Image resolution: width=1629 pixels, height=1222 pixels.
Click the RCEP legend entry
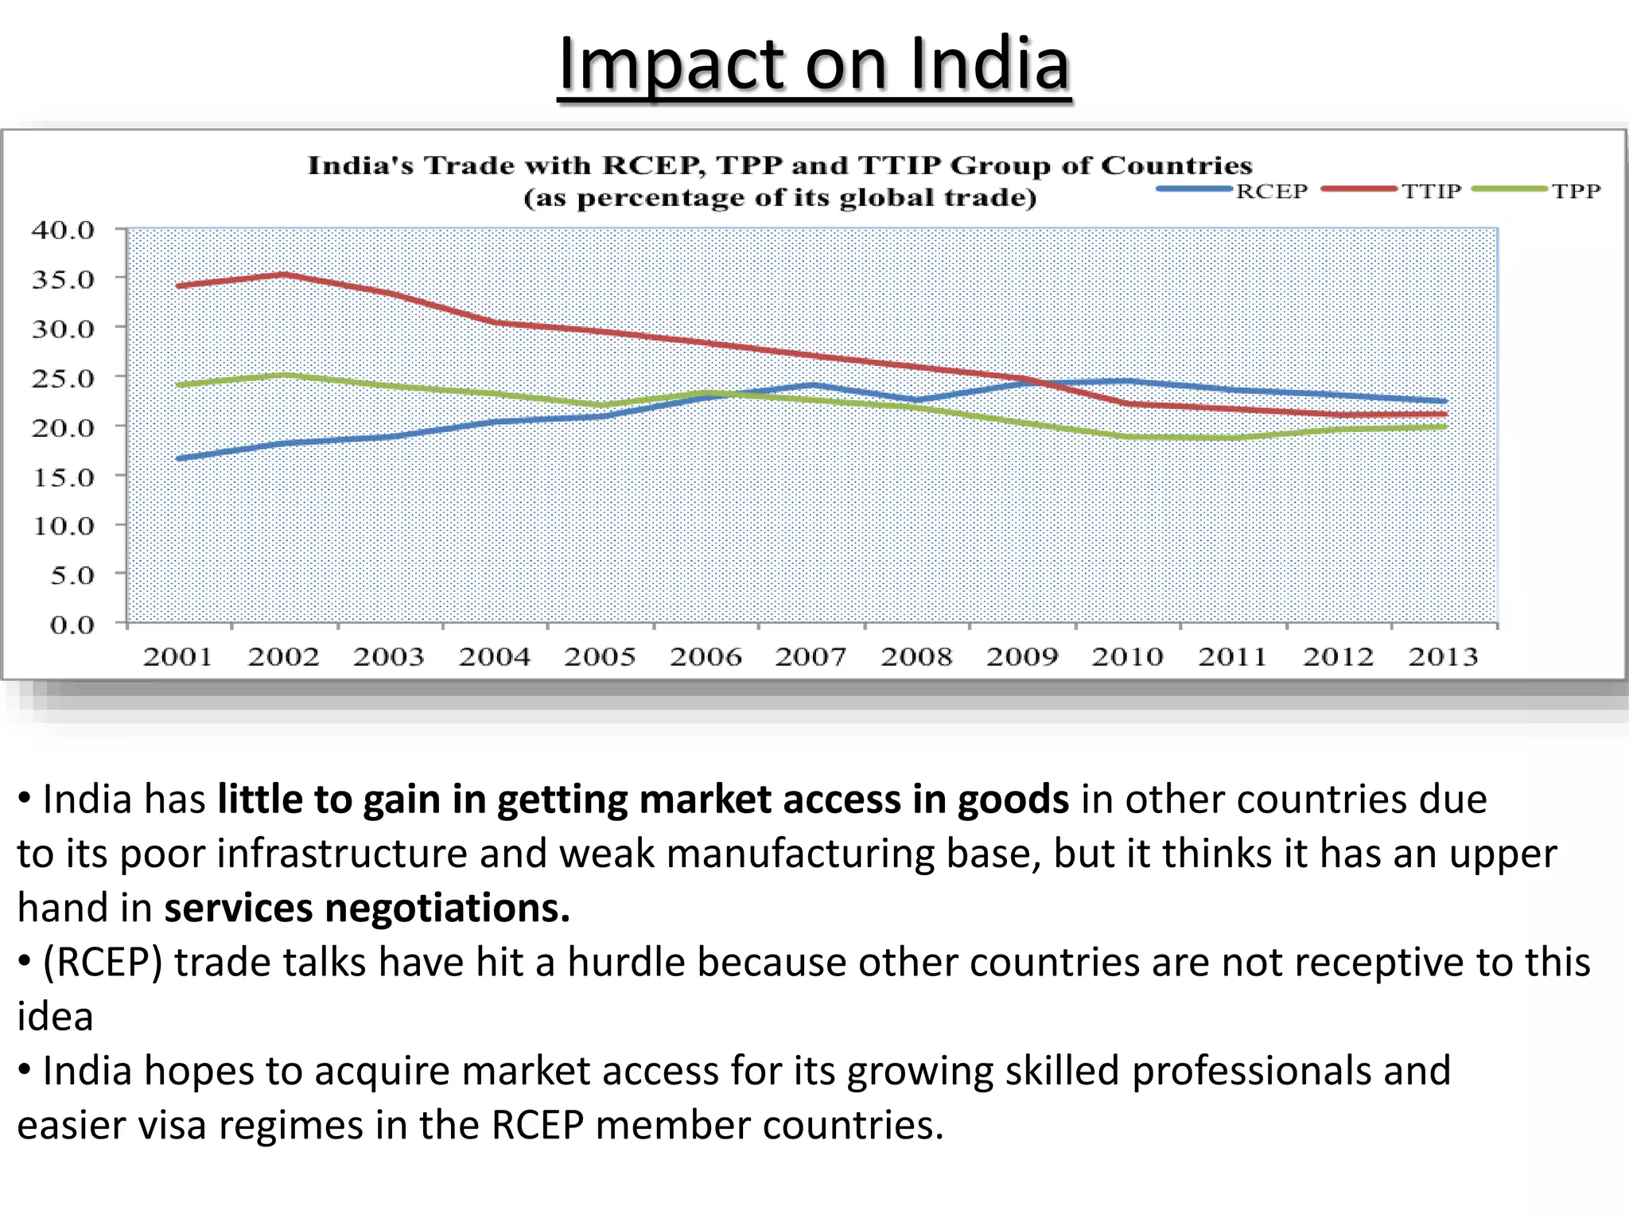click(x=1270, y=191)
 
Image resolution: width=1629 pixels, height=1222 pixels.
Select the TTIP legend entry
click(x=1430, y=191)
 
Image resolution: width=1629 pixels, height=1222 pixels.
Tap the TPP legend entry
click(x=1575, y=191)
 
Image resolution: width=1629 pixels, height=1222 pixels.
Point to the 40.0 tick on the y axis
click(x=64, y=230)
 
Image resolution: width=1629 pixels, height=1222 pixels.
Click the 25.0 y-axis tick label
click(x=64, y=378)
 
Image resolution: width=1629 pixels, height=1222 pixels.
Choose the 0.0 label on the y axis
click(x=72, y=625)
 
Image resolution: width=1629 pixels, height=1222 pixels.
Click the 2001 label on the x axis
click(x=177, y=657)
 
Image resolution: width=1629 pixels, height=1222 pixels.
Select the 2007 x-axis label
click(x=811, y=657)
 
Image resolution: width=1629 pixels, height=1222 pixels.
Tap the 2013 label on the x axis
click(x=1443, y=657)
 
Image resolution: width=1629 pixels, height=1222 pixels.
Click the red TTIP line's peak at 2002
click(x=284, y=275)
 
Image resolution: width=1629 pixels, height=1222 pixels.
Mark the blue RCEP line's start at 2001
click(x=179, y=458)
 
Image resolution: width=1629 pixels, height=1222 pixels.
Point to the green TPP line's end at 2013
click(x=1444, y=426)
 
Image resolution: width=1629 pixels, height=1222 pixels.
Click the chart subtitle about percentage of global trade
click(x=780, y=197)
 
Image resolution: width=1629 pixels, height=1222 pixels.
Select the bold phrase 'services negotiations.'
click(x=367, y=908)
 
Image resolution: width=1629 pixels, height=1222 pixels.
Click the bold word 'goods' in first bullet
click(x=1013, y=800)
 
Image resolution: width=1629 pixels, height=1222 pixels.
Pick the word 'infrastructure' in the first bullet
click(x=341, y=854)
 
